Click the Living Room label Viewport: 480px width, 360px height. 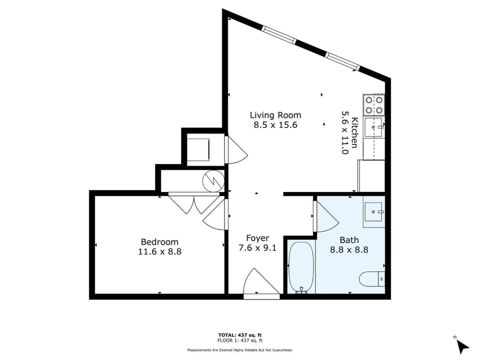coord(275,115)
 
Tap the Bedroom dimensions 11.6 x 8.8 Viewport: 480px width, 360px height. coord(159,251)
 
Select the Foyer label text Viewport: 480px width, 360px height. coord(258,238)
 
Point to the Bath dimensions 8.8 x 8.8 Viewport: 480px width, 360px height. coord(349,250)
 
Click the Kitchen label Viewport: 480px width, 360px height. coord(354,132)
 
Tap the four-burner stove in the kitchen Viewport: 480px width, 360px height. coord(374,104)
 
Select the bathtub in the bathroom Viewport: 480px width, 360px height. coord(301,267)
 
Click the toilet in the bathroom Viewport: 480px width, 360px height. coord(371,279)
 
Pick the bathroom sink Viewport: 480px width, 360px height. coord(373,211)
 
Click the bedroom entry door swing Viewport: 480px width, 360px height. coord(215,214)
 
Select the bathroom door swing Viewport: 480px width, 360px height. coord(325,216)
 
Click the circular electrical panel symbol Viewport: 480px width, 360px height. coord(213,181)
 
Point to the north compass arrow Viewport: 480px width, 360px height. coord(463,347)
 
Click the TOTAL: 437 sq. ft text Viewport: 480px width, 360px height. coord(239,335)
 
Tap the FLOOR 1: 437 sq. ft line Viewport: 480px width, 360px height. coord(239,340)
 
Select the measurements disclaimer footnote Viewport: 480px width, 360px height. coord(239,349)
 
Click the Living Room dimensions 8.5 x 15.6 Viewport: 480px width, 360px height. coord(275,125)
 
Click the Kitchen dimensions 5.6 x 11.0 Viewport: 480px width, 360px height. coord(345,132)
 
